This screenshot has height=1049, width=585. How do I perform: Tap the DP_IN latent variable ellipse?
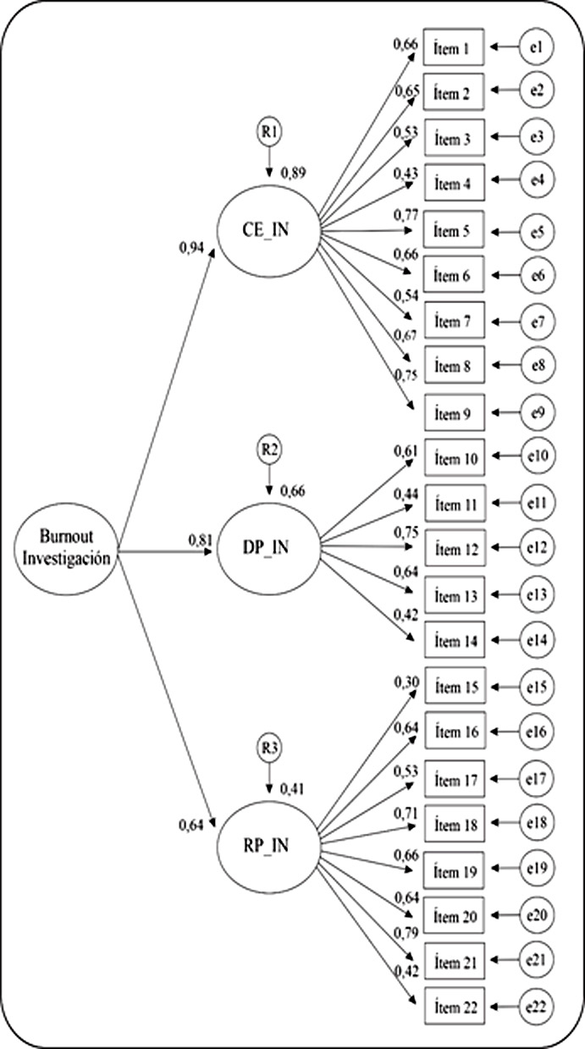point(267,546)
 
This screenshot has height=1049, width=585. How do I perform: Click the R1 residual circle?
point(269,132)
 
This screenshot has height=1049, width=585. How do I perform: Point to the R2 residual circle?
point(269,450)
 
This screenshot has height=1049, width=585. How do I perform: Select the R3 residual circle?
point(269,748)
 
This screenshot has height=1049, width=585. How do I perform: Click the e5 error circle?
point(535,230)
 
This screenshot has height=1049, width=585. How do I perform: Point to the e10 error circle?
point(535,458)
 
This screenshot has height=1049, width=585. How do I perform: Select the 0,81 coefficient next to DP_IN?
point(200,539)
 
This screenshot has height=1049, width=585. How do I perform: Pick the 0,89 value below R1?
point(294,173)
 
